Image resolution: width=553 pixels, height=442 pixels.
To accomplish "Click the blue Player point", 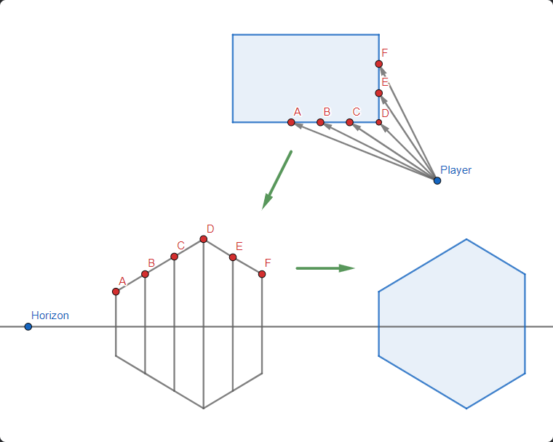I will (x=437, y=180).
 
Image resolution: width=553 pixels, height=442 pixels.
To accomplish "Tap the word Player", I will (x=455, y=170).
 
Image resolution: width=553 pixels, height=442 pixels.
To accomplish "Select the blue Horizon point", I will (x=28, y=326).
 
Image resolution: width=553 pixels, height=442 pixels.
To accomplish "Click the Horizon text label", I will (x=49, y=316).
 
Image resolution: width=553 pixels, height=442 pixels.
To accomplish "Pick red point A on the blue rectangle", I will (x=291, y=122).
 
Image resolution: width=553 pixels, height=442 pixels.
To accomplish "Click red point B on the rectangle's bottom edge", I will (x=320, y=122).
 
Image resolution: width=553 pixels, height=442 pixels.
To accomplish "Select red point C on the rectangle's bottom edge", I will (x=349, y=122).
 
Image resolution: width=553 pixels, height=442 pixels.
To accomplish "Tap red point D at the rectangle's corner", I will (x=378, y=122).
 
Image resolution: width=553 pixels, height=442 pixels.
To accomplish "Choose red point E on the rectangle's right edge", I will (x=378, y=93).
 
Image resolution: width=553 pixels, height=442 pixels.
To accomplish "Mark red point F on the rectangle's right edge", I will (x=378, y=64).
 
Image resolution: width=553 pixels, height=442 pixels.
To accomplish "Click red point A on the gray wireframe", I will (x=116, y=292).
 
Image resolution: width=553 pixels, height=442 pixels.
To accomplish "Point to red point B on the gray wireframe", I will (x=145, y=274).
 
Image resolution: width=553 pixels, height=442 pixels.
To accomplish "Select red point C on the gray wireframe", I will (x=174, y=256).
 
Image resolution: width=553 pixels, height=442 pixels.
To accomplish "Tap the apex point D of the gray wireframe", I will (x=203, y=238).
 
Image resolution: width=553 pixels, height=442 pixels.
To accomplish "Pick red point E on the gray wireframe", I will (x=232, y=257).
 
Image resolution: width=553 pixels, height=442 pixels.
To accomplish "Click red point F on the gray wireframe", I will (x=261, y=274).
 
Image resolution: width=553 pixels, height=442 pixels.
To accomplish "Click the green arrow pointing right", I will (x=325, y=268).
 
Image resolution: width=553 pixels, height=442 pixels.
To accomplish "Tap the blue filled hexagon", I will (x=451, y=324).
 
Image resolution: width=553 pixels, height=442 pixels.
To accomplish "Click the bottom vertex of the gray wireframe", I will (x=203, y=408).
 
